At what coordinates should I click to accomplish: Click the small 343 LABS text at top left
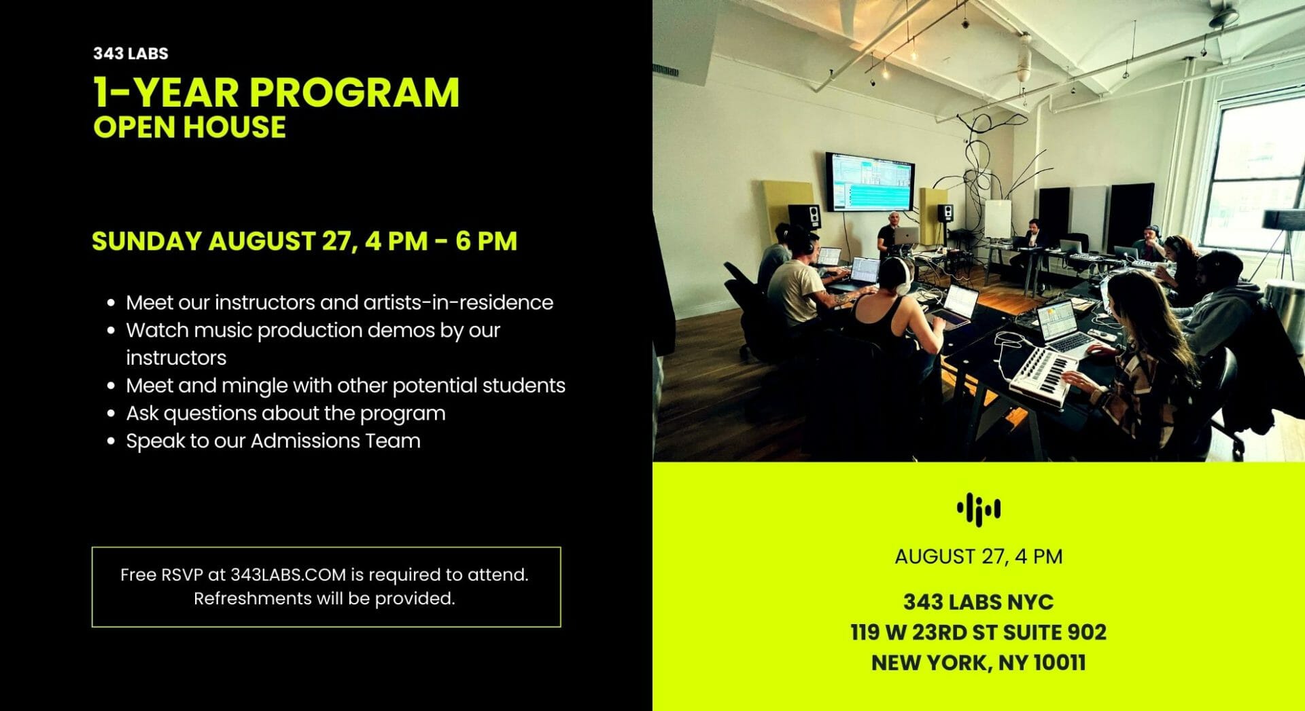pos(130,54)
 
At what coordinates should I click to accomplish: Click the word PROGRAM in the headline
pos(355,92)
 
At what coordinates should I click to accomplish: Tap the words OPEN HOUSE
pos(190,128)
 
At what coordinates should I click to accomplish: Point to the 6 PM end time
pos(486,241)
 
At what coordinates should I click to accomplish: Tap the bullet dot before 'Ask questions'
pos(111,414)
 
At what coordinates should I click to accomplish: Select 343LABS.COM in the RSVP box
pos(288,575)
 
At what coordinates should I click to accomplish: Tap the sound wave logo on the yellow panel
pos(978,509)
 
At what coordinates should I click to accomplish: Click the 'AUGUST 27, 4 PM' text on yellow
pos(978,557)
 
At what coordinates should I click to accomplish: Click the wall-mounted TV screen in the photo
pos(869,181)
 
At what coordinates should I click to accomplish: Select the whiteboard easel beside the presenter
pos(998,219)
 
